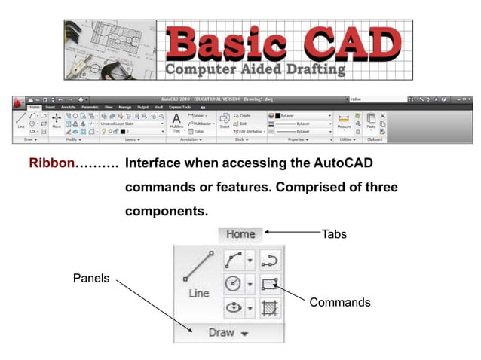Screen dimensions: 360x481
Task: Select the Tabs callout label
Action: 334,234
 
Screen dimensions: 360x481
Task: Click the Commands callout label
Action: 340,302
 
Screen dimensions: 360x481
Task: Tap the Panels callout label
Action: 91,279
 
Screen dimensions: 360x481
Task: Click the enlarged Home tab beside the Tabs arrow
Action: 240,234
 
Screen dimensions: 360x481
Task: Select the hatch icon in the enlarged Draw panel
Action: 269,307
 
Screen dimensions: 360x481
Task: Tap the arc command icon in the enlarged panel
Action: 269,261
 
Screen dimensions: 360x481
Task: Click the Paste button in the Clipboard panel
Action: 369,122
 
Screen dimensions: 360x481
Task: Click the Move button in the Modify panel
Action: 56,122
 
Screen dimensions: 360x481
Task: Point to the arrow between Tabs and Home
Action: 292,233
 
